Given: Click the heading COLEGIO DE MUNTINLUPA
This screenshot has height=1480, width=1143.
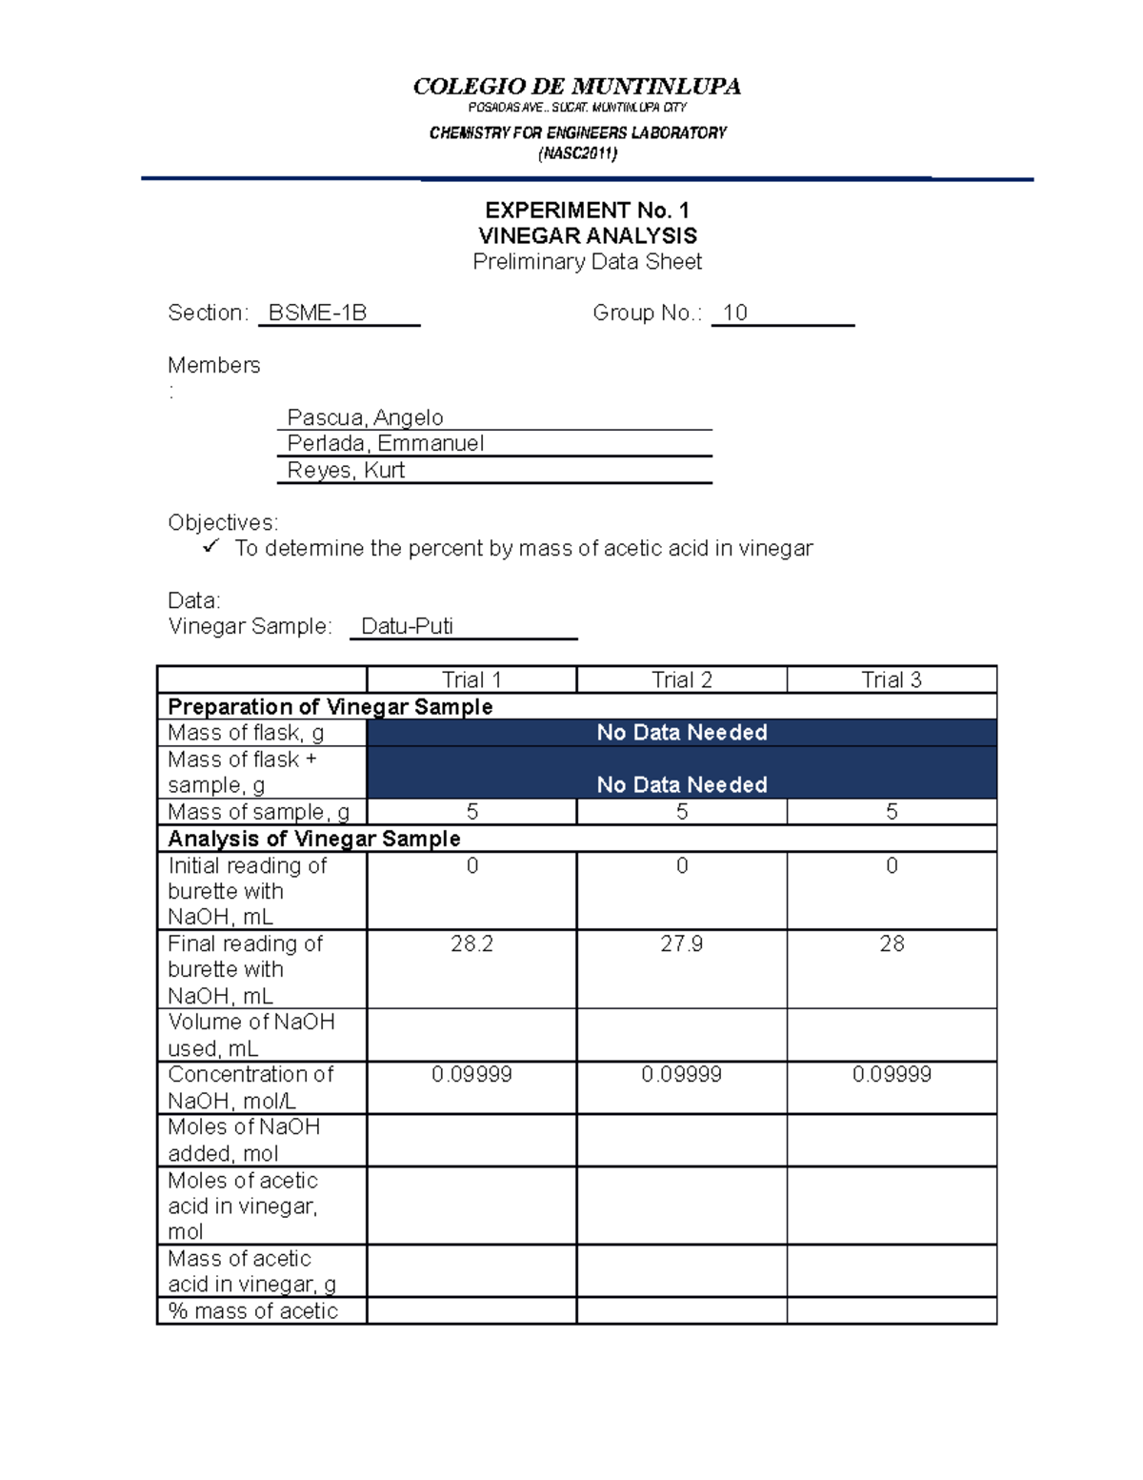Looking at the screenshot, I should [576, 87].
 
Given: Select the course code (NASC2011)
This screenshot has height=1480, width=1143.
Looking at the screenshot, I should [577, 153].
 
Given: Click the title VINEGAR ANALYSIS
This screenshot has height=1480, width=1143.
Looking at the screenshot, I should [587, 235].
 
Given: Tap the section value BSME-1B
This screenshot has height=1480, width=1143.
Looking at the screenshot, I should [317, 313].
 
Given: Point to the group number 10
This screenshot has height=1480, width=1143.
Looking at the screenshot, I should [734, 313].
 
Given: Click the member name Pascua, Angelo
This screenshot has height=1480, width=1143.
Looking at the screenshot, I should [365, 417].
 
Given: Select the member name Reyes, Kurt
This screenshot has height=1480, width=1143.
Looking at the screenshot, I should [346, 470].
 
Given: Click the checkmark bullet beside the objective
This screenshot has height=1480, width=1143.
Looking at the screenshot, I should [211, 547].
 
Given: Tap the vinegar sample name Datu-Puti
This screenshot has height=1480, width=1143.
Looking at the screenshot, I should [407, 626].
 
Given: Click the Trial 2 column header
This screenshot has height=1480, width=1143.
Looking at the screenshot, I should [681, 679].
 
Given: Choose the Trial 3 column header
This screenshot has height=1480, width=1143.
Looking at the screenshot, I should [891, 679].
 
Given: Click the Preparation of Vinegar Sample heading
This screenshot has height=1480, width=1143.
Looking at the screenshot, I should [330, 706].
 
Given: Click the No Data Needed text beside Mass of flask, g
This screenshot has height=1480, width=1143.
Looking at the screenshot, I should [681, 732].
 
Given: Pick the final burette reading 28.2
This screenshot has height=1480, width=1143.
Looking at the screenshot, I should [471, 943].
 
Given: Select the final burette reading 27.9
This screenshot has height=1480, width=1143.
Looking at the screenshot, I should [681, 943].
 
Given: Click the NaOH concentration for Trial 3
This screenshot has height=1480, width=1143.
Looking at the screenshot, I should [892, 1074].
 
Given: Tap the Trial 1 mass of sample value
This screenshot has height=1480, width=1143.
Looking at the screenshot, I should [471, 812].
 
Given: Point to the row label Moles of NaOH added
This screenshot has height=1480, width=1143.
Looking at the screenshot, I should [244, 1140].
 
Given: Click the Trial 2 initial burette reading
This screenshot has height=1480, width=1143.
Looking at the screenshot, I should [681, 865].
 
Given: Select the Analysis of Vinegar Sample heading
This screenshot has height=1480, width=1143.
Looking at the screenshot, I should [313, 839].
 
